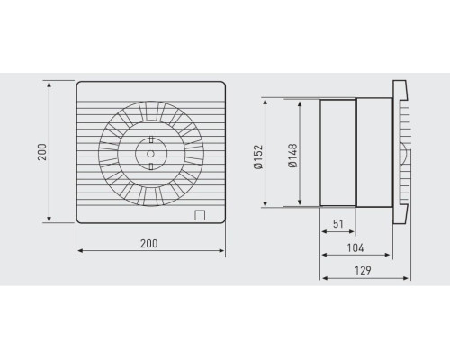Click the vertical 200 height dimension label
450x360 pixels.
[x=42, y=152]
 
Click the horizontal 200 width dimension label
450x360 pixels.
[x=149, y=244]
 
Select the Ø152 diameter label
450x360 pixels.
[x=258, y=157]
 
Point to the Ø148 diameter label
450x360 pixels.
[x=292, y=156]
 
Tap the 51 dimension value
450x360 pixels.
[x=338, y=224]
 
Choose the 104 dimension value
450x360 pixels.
[x=355, y=248]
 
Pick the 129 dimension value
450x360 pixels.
[x=363, y=270]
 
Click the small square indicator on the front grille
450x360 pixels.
[x=200, y=215]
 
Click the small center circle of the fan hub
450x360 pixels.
[x=150, y=154]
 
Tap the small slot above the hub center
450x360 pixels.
[x=151, y=139]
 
